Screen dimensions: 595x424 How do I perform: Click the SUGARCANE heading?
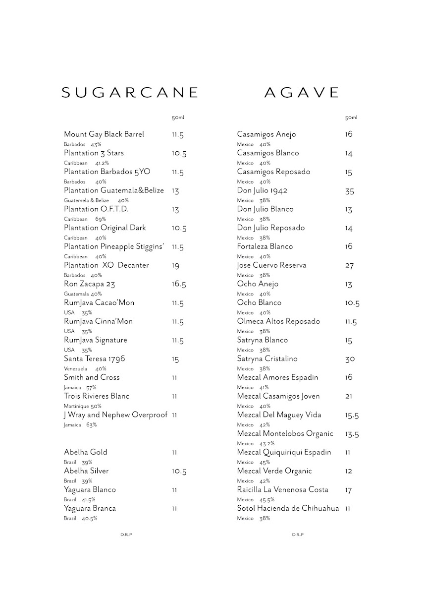[x=130, y=93]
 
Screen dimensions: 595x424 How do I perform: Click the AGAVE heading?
[x=302, y=93]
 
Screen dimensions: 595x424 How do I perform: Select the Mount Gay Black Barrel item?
[x=104, y=134]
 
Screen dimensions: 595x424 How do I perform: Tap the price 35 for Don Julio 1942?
[x=349, y=191]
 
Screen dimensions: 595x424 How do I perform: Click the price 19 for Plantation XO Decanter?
[x=176, y=266]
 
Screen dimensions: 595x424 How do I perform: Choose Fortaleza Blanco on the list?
[x=265, y=246]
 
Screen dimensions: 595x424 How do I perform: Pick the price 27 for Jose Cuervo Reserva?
[x=349, y=266]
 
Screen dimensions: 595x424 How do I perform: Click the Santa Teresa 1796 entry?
[x=94, y=359]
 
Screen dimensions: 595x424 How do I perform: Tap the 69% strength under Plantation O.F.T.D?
[x=101, y=219]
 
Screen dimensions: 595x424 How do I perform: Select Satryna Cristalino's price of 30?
[x=350, y=359]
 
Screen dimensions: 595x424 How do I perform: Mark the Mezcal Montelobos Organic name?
[x=285, y=434]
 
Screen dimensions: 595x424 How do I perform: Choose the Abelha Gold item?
[x=85, y=452]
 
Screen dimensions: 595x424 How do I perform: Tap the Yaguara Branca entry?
[x=90, y=508]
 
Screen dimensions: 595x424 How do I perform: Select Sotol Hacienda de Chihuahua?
[x=288, y=508]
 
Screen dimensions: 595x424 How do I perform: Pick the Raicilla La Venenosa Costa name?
[x=282, y=490]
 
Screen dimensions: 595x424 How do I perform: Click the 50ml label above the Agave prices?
[x=351, y=118]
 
